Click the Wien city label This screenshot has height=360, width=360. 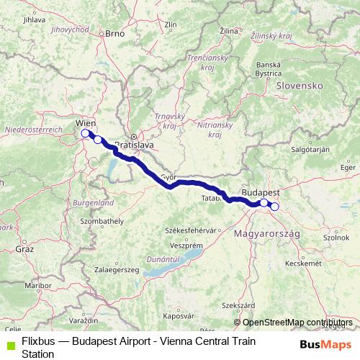[x=85, y=123]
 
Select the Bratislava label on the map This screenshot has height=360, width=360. [x=135, y=145]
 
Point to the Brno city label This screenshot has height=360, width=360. [x=115, y=32]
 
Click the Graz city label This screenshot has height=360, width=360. [x=25, y=248]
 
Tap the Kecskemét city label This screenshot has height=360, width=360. [x=303, y=264]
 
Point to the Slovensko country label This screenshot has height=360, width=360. [x=298, y=85]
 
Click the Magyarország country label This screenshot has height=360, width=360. [x=264, y=234]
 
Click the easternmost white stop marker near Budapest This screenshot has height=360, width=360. [x=274, y=207]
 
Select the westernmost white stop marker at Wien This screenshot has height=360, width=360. [x=85, y=133]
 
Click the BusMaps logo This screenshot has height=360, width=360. [x=325, y=344]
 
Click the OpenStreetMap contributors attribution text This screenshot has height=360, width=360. [x=296, y=323]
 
